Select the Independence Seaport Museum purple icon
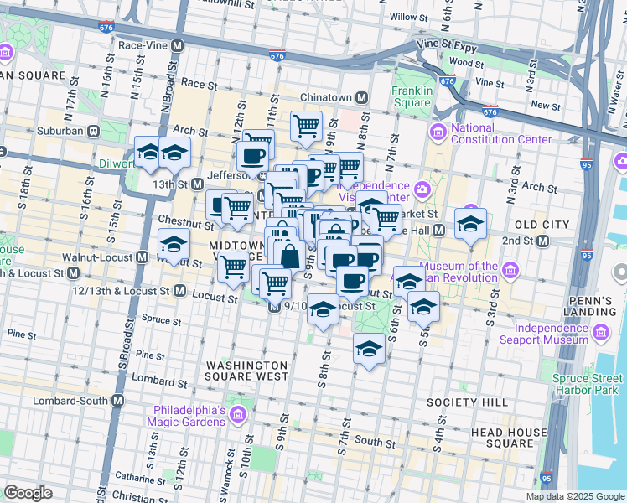click(601, 334)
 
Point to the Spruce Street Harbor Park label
click(587, 384)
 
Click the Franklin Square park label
click(412, 97)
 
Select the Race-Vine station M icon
click(176, 46)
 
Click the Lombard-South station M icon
click(117, 401)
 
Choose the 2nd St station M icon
click(541, 241)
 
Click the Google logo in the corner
click(28, 492)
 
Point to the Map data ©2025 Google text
click(574, 496)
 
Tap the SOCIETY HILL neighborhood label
click(467, 402)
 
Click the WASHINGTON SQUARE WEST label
click(247, 372)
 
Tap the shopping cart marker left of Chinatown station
click(307, 127)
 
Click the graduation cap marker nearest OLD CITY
click(470, 223)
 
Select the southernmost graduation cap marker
click(369, 348)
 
